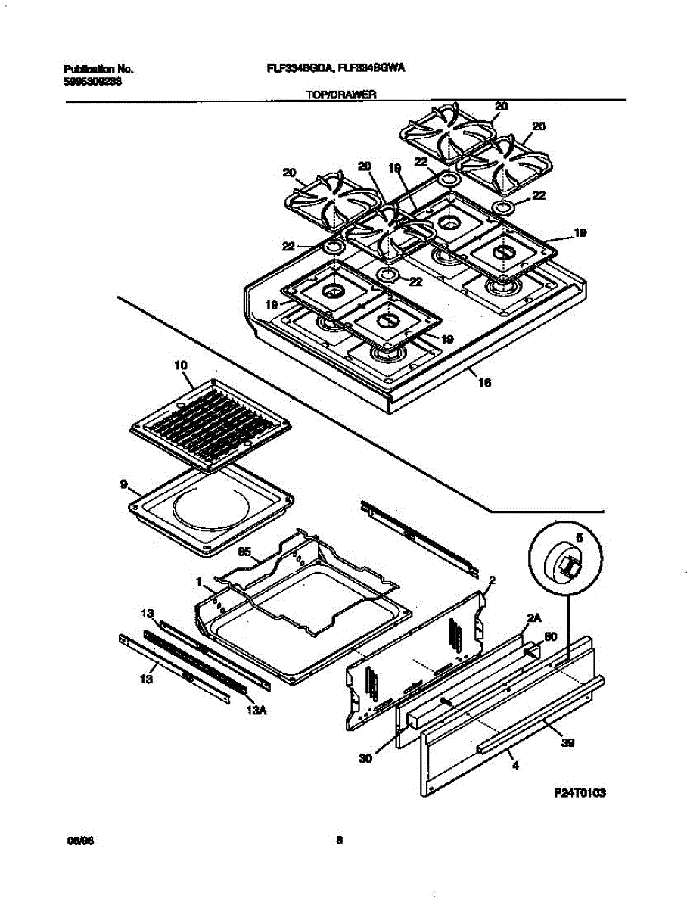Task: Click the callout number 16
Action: click(485, 383)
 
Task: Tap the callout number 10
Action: click(180, 365)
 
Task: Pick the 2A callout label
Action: click(534, 618)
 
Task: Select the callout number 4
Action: click(515, 767)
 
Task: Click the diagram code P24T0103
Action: click(581, 792)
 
